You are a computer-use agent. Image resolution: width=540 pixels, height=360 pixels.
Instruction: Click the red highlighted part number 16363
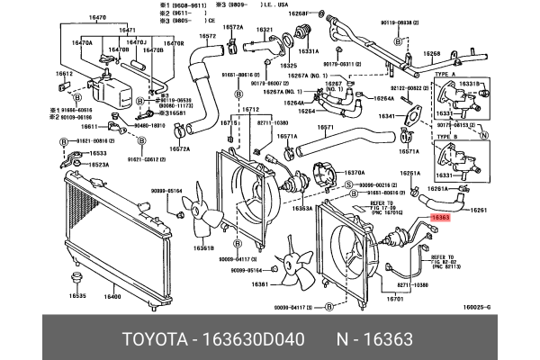tap(441, 217)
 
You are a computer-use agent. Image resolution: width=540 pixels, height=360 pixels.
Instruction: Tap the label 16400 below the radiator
tap(112, 296)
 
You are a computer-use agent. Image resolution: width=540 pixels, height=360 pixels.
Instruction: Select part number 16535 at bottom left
tap(77, 296)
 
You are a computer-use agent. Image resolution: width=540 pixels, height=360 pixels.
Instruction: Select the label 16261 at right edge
tap(479, 209)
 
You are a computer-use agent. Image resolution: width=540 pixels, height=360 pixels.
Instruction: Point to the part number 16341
tap(387, 116)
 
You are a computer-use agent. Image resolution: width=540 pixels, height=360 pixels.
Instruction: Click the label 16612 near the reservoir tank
tap(64, 75)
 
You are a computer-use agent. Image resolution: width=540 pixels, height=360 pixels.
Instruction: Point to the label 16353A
tap(303, 208)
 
